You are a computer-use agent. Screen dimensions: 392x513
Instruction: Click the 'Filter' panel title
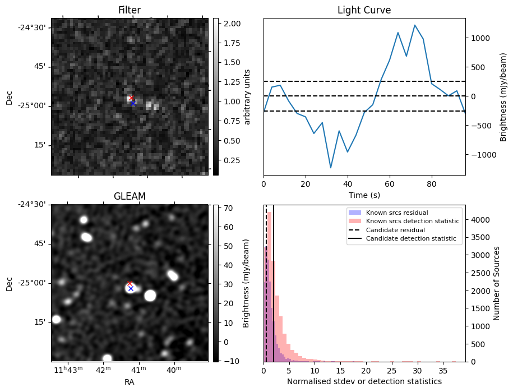tap(130, 10)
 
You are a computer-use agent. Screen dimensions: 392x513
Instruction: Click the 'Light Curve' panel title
tap(364, 10)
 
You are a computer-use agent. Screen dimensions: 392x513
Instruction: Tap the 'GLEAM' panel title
tap(130, 196)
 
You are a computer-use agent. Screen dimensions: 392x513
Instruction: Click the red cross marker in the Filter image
tap(131, 98)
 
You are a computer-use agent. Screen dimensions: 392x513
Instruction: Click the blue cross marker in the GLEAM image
tap(131, 288)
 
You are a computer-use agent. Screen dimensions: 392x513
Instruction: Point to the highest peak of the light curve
tap(414, 25)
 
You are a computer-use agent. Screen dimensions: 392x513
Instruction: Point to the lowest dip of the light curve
tap(331, 168)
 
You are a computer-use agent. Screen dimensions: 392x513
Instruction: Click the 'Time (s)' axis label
tap(364, 194)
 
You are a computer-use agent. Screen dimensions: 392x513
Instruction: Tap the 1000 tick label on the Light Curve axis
tap(479, 38)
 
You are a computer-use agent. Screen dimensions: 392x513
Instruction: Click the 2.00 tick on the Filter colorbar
tap(232, 24)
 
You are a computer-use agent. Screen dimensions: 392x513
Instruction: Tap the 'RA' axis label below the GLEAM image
tap(130, 382)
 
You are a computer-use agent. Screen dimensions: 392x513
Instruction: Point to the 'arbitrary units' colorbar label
tap(247, 96)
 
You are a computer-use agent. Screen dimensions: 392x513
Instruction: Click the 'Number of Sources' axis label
tap(496, 283)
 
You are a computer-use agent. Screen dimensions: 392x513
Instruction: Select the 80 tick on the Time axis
tap(431, 183)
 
